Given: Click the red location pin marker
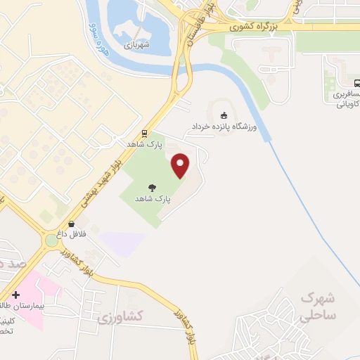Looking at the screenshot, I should (x=181, y=166).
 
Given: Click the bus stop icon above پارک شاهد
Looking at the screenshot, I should (x=144, y=133).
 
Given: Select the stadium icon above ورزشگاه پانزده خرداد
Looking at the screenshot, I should (x=224, y=115).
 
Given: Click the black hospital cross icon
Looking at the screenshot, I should (x=15, y=295).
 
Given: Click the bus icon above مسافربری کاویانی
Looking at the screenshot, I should (x=356, y=82).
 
